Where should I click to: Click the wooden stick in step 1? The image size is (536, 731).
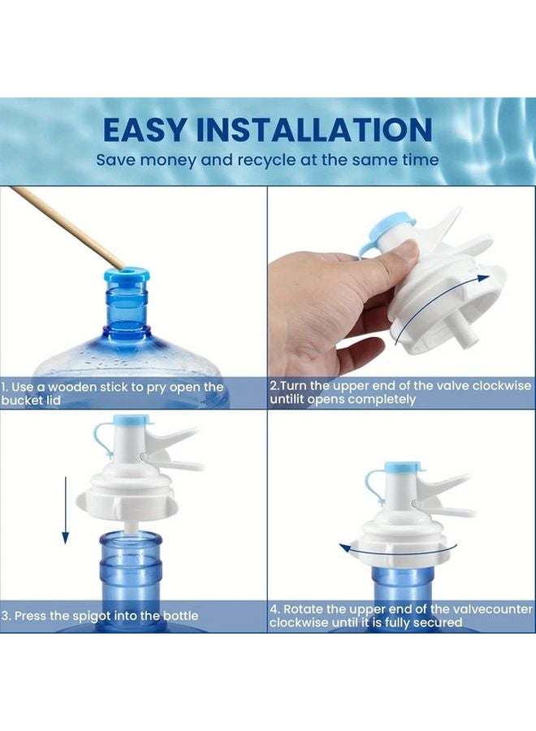pyautogui.click(x=65, y=227)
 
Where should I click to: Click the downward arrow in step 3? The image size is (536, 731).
pyautogui.click(x=66, y=510)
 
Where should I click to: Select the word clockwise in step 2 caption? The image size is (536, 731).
pyautogui.click(x=502, y=386)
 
